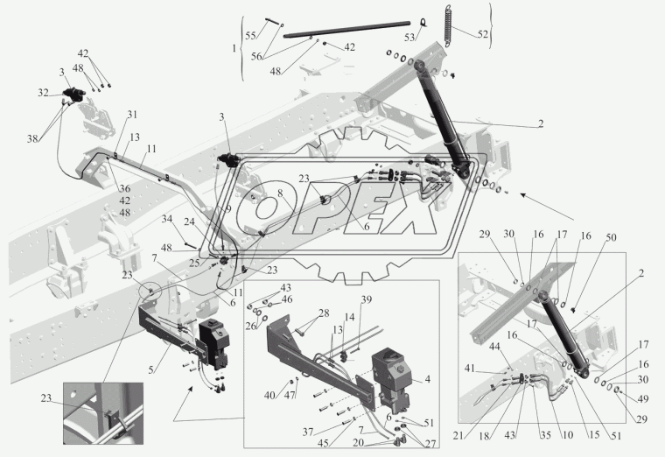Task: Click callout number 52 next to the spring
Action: point(483,34)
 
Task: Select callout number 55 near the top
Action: point(250,35)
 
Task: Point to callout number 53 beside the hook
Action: point(409,38)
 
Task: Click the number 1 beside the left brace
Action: point(234,48)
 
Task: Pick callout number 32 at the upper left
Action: point(43,93)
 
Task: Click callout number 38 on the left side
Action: point(32,138)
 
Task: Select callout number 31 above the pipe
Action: point(132,115)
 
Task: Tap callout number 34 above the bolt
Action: point(167,219)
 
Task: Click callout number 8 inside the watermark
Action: point(280,193)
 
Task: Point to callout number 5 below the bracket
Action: point(151,369)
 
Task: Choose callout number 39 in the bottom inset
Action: point(366,299)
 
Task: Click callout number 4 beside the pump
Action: point(428,379)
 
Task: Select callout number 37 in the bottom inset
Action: point(308,432)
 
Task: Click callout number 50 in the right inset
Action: point(611,237)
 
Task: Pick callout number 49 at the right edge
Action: point(643,398)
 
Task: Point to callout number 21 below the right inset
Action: point(458,435)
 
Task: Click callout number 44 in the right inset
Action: point(494,347)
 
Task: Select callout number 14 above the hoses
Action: point(349,318)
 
